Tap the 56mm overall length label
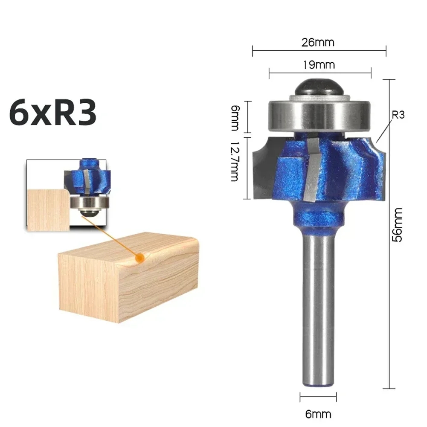click(x=398, y=224)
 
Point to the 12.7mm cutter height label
click(x=234, y=162)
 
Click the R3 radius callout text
click(x=398, y=115)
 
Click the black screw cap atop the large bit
click(x=318, y=88)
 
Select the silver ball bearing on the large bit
click(x=319, y=115)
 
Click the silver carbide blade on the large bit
click(x=312, y=171)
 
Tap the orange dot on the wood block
click(x=138, y=258)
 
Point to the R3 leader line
click(x=383, y=130)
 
